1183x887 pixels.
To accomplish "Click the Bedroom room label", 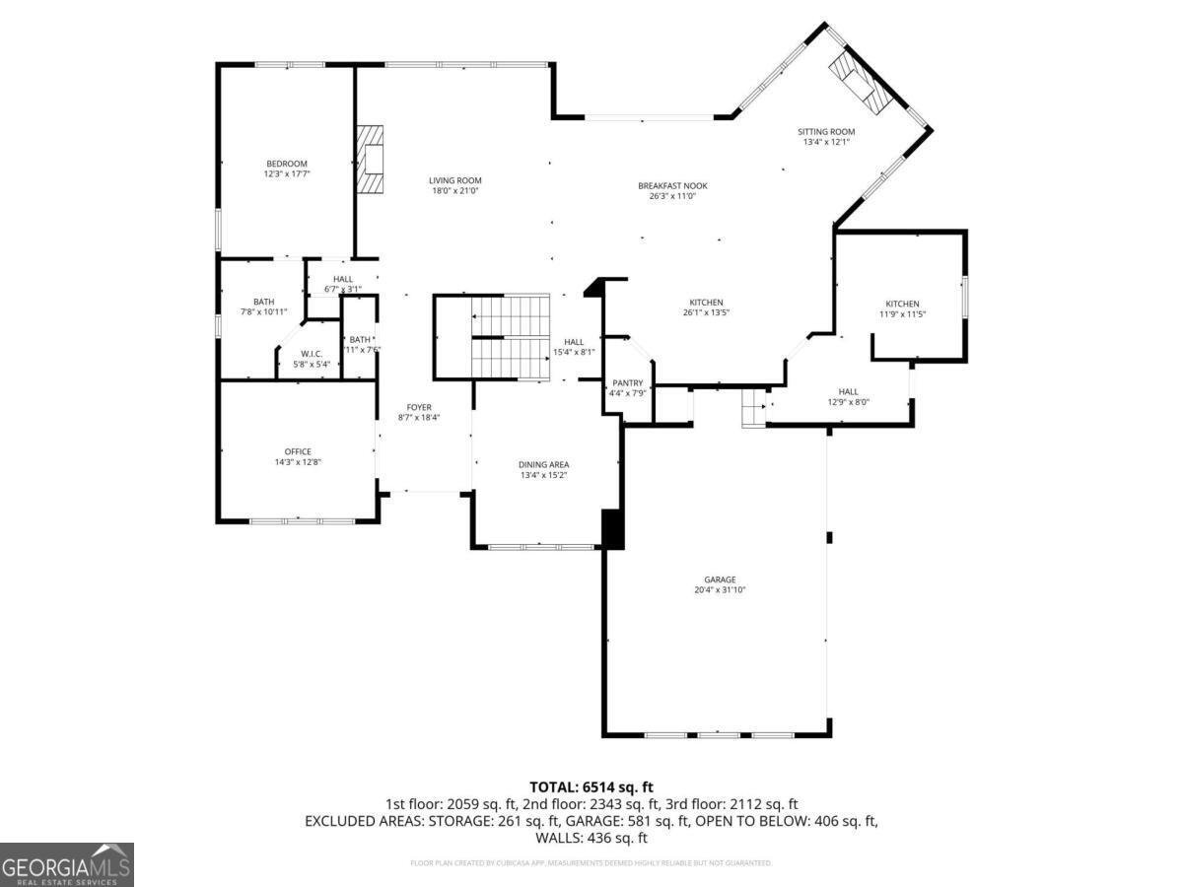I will tap(286, 164).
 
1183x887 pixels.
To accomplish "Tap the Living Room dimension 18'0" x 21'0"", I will tap(454, 191).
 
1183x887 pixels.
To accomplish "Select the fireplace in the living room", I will tap(371, 161).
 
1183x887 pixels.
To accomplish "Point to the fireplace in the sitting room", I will tap(856, 79).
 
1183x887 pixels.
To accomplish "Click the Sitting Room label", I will tap(826, 131).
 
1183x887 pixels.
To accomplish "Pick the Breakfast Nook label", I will tap(672, 185).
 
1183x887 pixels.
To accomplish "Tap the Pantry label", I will tap(627, 383).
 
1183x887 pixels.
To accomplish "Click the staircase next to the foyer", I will tap(509, 336).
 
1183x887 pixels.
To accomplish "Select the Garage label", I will tap(720, 580).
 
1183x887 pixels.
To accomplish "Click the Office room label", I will tap(298, 451).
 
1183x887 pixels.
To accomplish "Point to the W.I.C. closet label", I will tap(312, 354).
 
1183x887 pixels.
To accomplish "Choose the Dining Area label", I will tap(544, 464).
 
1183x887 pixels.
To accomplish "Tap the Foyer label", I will tap(419, 407).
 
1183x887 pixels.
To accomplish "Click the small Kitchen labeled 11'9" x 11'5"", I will tap(902, 304).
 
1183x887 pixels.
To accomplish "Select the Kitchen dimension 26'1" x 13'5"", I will tap(706, 313).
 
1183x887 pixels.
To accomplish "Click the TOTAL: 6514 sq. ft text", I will tap(591, 786).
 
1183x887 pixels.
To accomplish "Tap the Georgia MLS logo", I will tap(67, 864).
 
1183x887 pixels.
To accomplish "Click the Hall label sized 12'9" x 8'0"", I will tap(848, 391).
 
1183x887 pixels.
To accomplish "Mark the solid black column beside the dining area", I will tap(612, 528).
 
